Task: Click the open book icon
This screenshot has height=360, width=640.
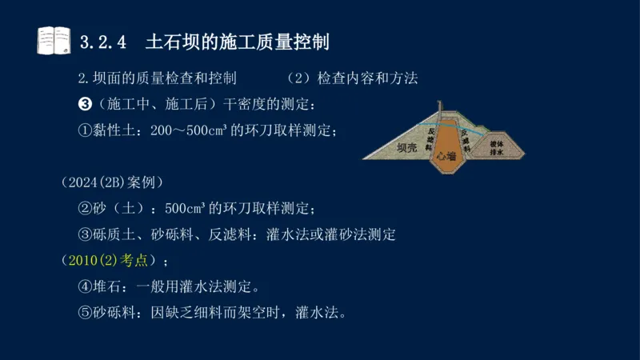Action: (x=53, y=39)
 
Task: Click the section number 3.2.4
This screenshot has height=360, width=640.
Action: (x=105, y=40)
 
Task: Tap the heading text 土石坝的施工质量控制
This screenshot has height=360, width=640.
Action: (x=238, y=40)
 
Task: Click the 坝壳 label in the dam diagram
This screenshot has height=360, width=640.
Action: (x=409, y=147)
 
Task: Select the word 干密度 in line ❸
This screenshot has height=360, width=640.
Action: (x=243, y=105)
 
